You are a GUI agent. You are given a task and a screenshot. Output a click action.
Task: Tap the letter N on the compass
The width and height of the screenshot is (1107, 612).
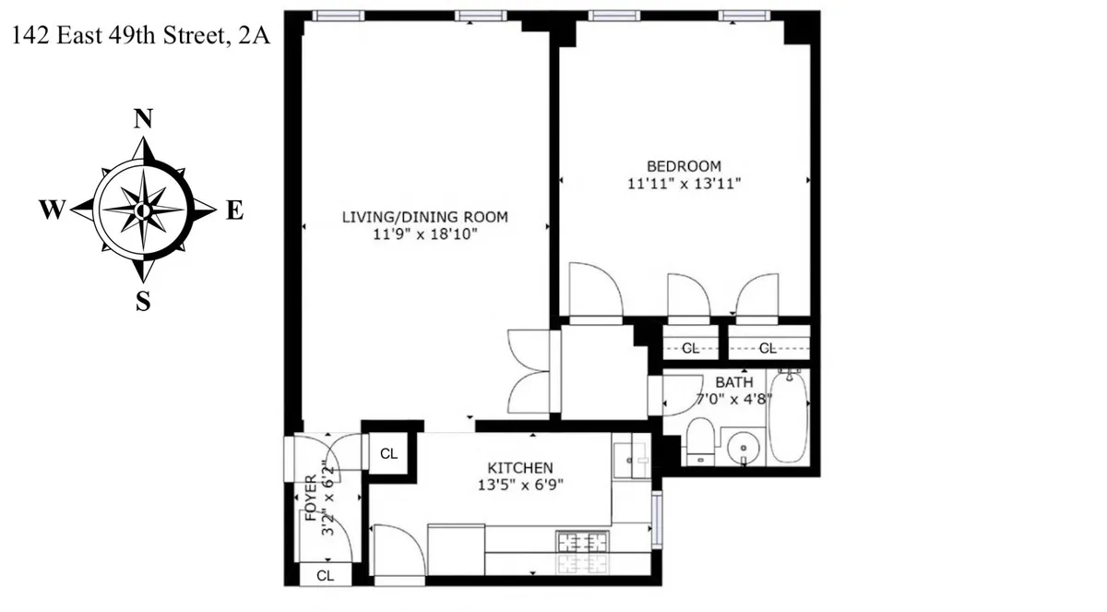tap(143, 119)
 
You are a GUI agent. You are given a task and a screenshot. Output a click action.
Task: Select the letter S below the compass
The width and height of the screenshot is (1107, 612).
tap(143, 300)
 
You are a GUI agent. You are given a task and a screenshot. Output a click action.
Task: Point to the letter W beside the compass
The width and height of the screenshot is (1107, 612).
tap(52, 211)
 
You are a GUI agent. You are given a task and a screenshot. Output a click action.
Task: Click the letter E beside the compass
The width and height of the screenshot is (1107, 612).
tap(234, 211)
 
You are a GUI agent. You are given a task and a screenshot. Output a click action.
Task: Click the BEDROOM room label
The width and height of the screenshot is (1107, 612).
tap(684, 166)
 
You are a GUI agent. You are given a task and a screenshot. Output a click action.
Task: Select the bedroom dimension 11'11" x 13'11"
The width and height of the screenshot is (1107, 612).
tap(684, 183)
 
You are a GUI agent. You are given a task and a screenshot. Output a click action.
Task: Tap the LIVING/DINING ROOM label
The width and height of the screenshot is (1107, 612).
tap(425, 218)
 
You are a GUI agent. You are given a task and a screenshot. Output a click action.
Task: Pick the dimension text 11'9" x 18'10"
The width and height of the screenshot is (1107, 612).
tap(425, 234)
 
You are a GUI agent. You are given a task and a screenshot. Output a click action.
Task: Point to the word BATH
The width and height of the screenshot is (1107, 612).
tap(734, 382)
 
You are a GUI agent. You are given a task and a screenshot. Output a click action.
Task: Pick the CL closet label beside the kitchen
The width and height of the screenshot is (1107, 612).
tap(388, 454)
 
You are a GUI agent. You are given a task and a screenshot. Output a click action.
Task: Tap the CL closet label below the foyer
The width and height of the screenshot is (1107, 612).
tap(325, 574)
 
